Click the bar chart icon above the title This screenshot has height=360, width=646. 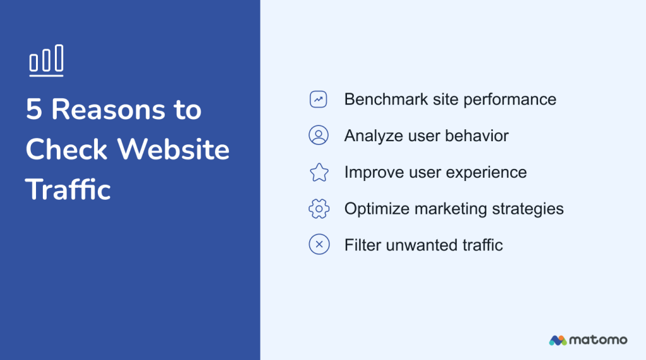pos(46,61)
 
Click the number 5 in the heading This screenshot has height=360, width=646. pos(33,110)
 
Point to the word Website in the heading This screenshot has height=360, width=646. pos(173,150)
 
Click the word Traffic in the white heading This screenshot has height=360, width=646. pos(68,190)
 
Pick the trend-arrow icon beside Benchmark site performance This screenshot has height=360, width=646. pos(319,100)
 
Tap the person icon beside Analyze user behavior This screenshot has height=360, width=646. pos(319,136)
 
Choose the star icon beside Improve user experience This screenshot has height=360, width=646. pos(319,172)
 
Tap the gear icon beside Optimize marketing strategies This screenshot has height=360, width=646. pos(319,209)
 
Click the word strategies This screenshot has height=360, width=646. pos(532,209)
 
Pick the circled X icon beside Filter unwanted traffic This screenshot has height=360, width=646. pos(319,245)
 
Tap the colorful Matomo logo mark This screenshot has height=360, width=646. pos(558,340)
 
